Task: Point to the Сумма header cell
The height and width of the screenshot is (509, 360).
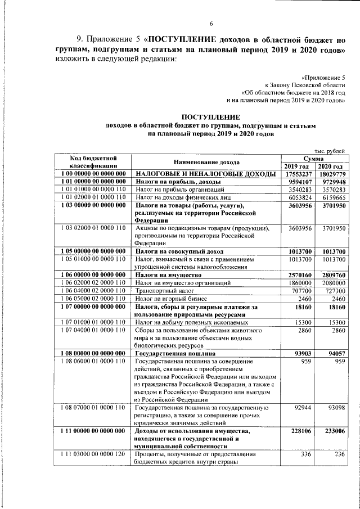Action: pos(313,159)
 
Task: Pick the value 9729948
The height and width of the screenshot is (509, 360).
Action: pos(330,183)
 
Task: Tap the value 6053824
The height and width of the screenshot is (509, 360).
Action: pos(297,199)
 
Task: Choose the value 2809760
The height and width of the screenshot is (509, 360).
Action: pos(330,273)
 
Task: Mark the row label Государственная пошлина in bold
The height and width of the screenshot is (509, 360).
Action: pos(172,353)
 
